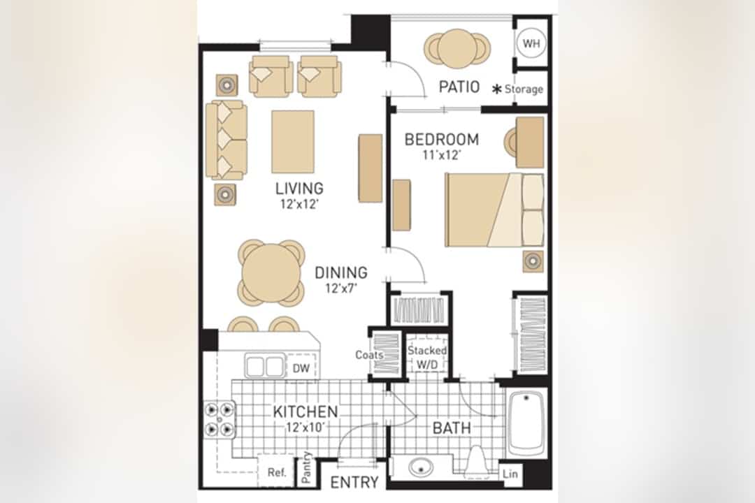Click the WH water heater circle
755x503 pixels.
click(531, 43)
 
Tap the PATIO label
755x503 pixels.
click(459, 87)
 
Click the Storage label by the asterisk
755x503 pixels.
click(524, 89)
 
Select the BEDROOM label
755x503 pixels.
click(442, 140)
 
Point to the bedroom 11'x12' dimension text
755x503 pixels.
click(442, 155)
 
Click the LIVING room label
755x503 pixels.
click(299, 188)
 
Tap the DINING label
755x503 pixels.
click(341, 273)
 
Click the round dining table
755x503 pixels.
click(271, 272)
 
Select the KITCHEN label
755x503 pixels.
click(305, 412)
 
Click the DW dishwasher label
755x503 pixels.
click(301, 369)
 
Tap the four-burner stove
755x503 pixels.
click(220, 419)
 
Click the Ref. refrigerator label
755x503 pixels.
click(276, 472)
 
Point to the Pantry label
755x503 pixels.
click(306, 467)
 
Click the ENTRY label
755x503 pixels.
click(354, 482)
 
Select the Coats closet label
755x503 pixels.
click(369, 355)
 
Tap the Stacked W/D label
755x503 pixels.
click(426, 357)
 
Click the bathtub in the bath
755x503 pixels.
click(526, 423)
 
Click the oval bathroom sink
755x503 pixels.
click(421, 467)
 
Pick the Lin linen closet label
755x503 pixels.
click(510, 474)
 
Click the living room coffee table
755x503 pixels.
click(293, 142)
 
